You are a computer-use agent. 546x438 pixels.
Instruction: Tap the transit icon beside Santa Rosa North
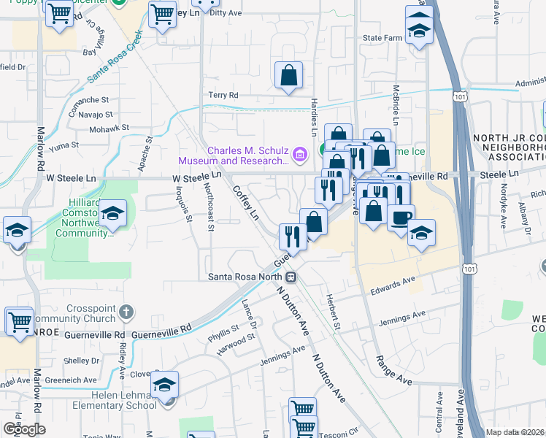click(291, 277)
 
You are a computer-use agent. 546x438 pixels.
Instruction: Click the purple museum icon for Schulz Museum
click(298, 155)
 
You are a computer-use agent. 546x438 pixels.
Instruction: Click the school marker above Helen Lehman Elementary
click(165, 383)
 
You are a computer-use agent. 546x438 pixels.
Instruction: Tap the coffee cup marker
click(400, 218)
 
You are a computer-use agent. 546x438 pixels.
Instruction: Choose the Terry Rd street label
click(223, 95)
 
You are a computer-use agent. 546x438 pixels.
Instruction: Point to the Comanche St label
click(88, 99)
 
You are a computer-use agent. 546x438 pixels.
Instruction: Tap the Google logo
click(25, 429)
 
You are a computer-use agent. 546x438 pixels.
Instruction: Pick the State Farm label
click(384, 38)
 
